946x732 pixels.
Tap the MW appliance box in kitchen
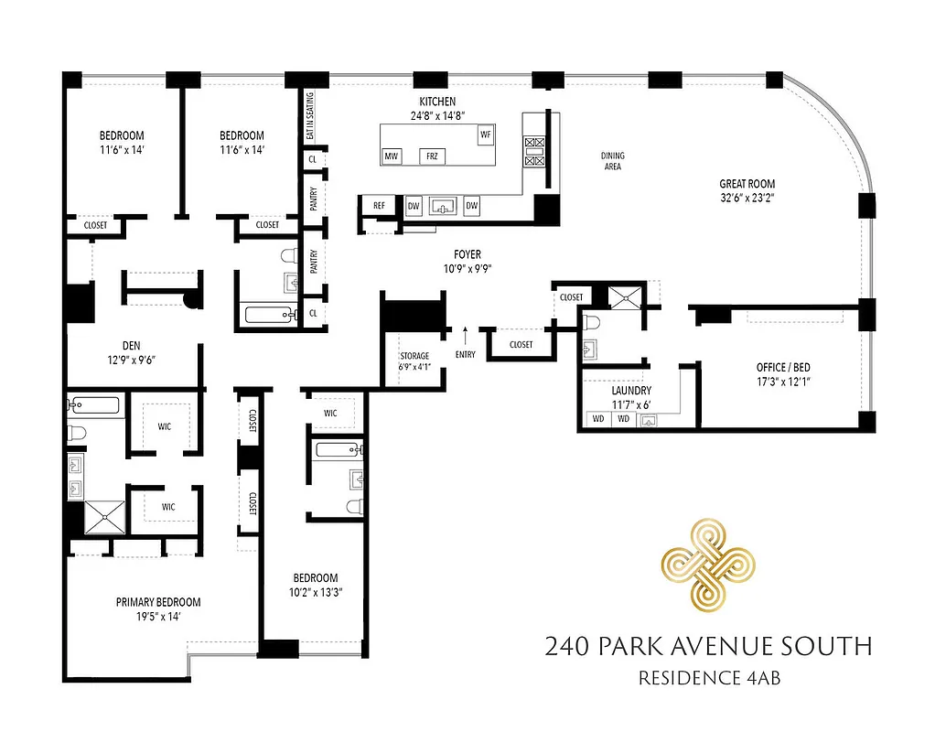[392, 156]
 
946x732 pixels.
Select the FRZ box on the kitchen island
[432, 156]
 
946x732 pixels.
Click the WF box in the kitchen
[484, 135]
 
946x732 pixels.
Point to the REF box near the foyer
[379, 207]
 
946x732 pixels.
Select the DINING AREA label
[612, 161]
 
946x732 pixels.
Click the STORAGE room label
[414, 356]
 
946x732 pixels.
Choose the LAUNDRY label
[630, 390]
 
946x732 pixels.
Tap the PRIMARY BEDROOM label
[158, 602]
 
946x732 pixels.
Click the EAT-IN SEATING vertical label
[310, 116]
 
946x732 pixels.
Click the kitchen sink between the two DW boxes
[443, 207]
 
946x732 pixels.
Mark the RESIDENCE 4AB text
[708, 679]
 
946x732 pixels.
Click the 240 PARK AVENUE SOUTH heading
[708, 647]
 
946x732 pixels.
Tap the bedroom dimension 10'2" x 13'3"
[315, 591]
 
